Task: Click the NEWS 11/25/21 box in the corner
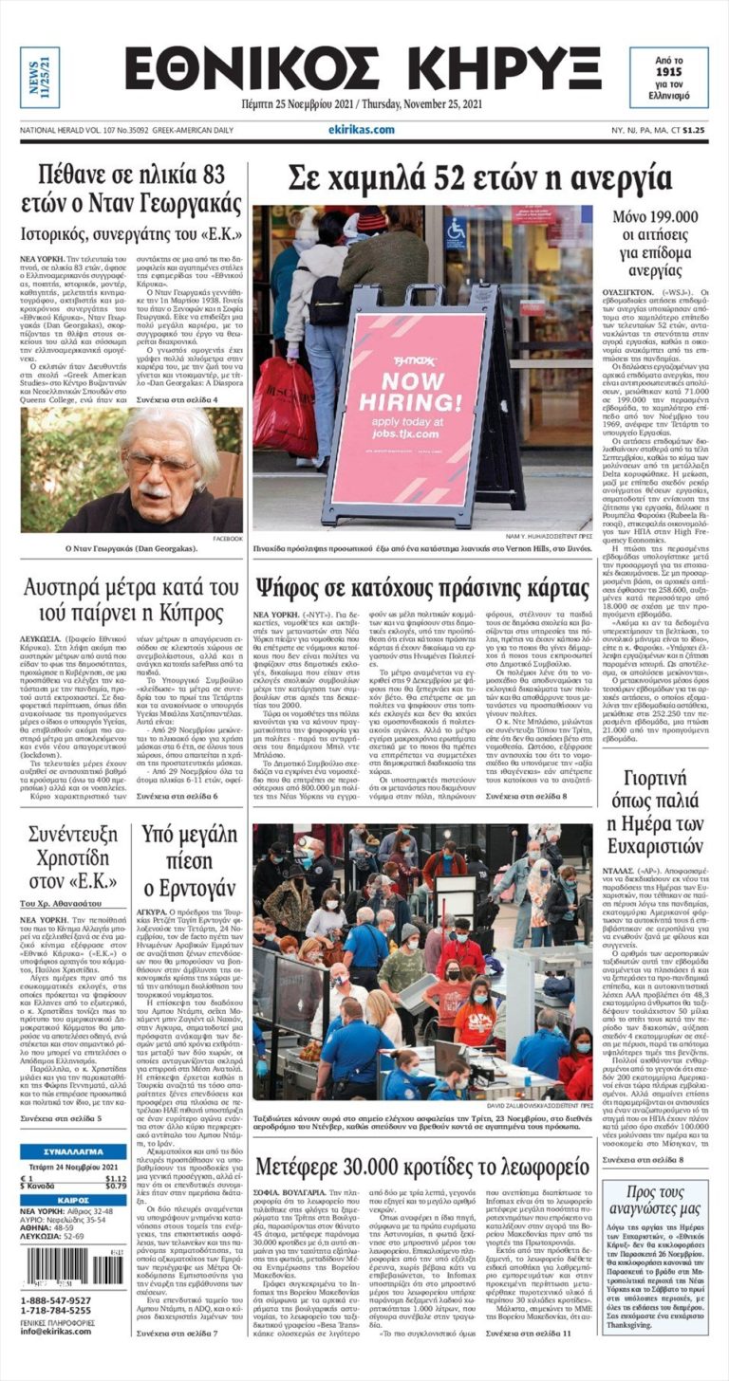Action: pos(40,77)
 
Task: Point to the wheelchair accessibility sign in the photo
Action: pos(456,231)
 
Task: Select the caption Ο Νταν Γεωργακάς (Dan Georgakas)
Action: pos(131,549)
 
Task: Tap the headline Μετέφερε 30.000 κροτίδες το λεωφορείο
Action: pos(422,1166)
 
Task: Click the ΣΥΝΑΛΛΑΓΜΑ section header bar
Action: pos(73,1151)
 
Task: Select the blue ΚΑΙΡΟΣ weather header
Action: pos(73,1199)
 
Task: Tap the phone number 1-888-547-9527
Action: pos(56,1300)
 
